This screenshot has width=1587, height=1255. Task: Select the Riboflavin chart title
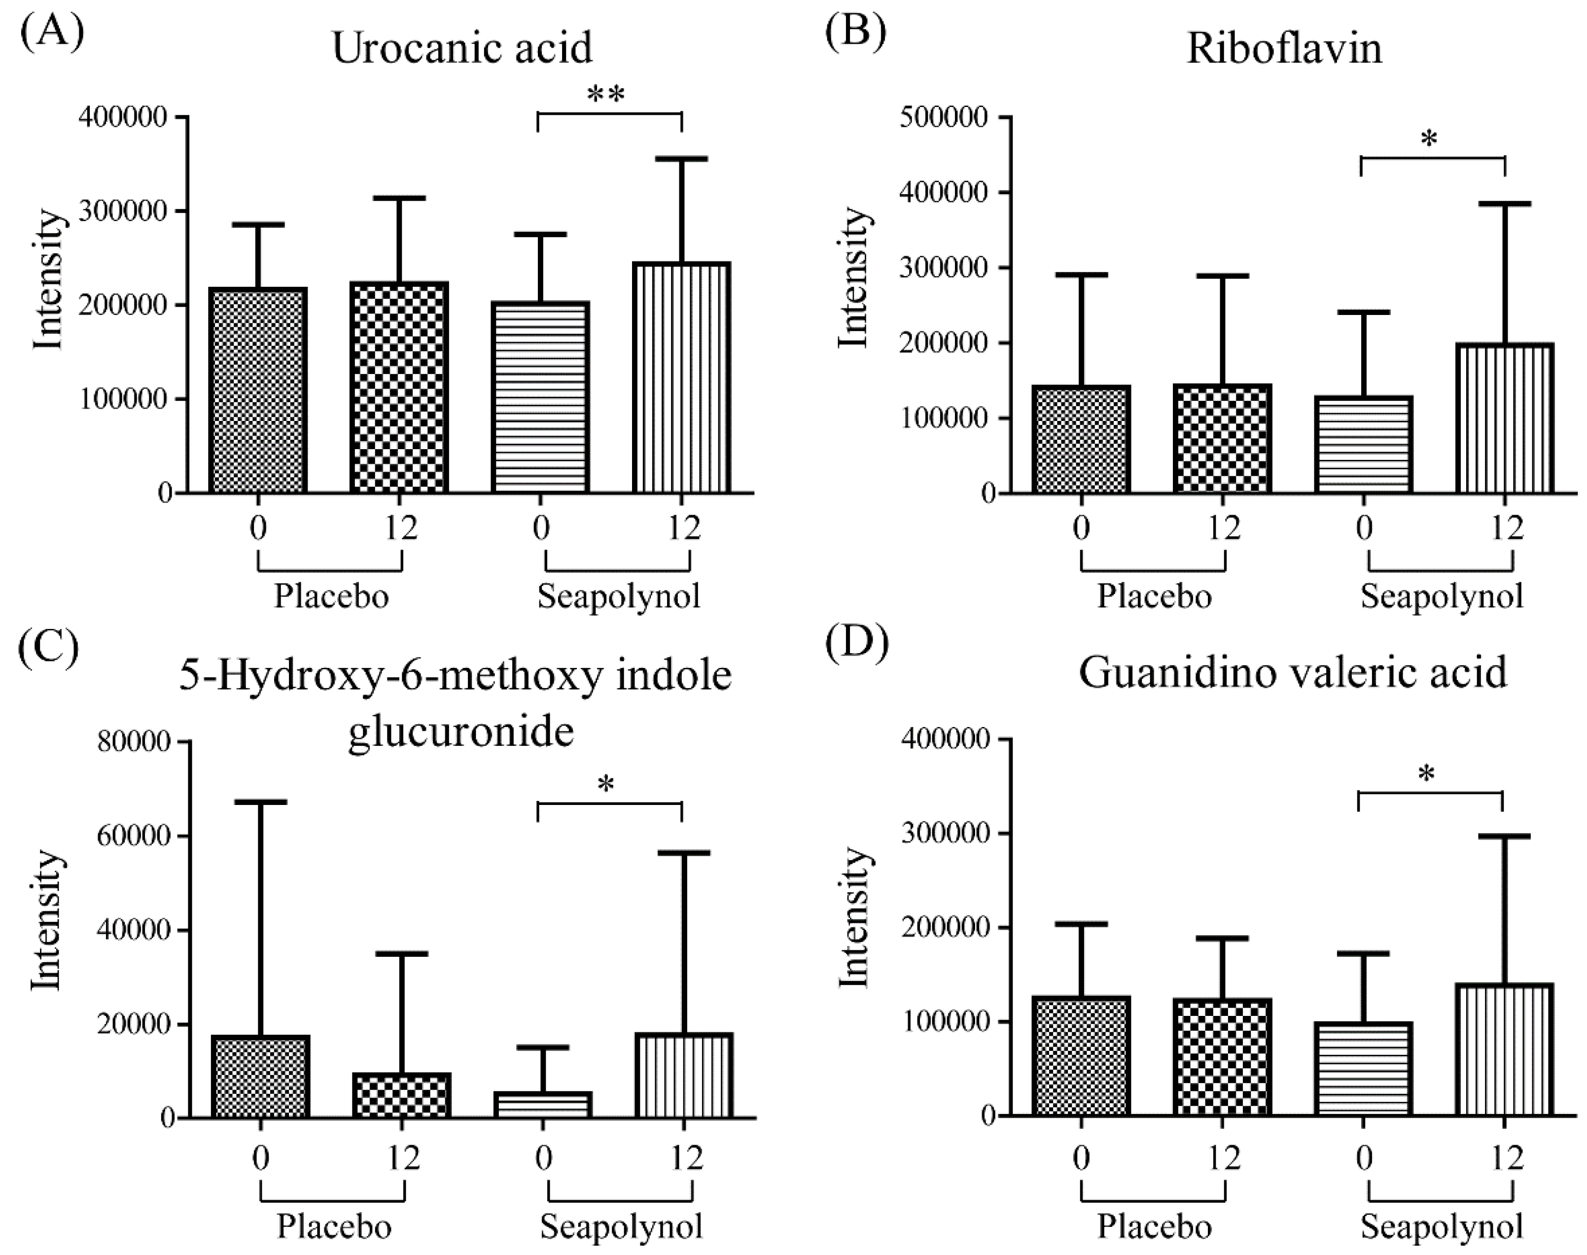tap(1284, 48)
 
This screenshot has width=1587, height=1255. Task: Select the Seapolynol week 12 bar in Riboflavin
tap(1504, 419)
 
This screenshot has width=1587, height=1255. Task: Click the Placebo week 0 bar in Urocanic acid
tap(258, 391)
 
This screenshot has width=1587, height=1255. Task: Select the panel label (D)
tap(856, 641)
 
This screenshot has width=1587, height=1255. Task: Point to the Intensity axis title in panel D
tap(854, 918)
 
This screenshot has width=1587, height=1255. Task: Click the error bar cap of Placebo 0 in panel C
tap(261, 802)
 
